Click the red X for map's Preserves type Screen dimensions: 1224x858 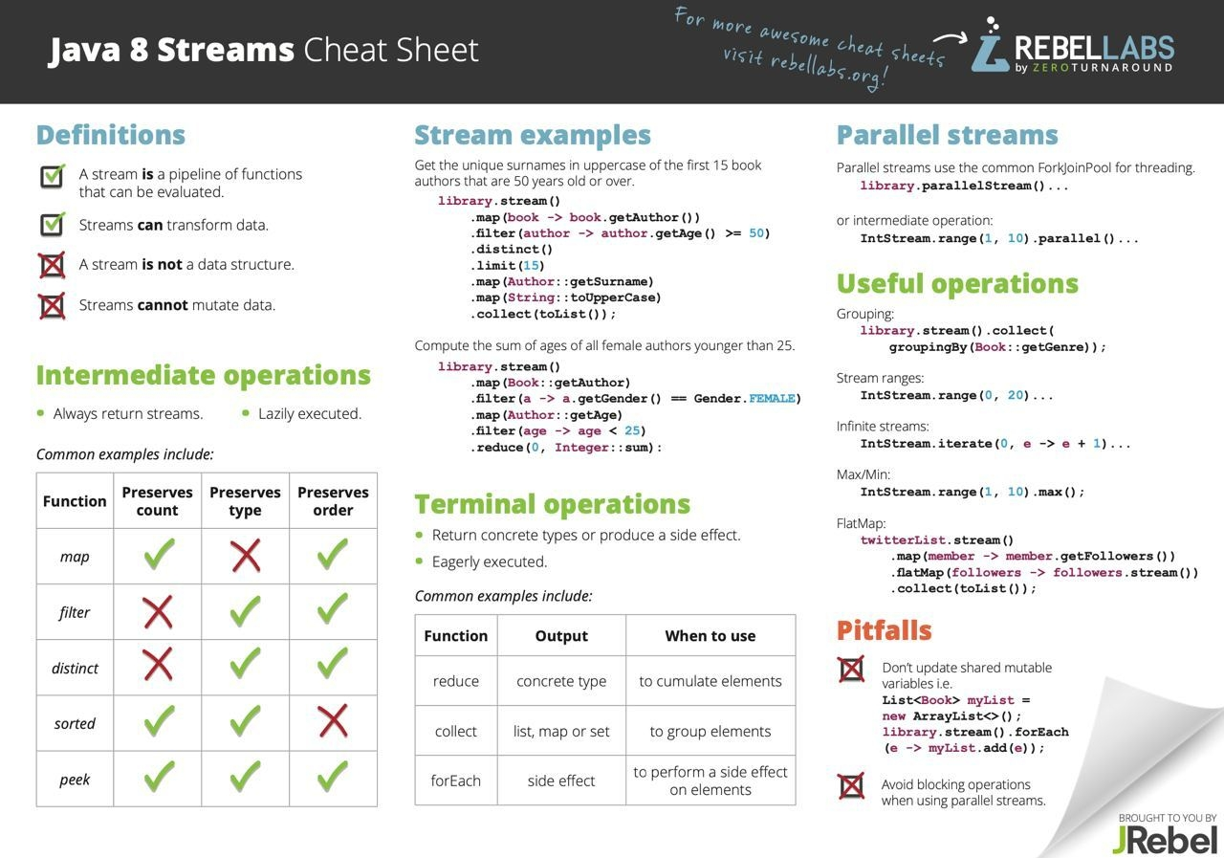pos(246,556)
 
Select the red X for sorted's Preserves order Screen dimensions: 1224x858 pos(333,721)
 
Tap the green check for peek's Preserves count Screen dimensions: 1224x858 pos(159,776)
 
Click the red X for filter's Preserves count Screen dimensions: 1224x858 pos(158,611)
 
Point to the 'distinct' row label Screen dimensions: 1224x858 pos(75,668)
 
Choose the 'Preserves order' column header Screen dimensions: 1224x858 pos(333,501)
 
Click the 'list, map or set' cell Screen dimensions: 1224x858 pos(561,731)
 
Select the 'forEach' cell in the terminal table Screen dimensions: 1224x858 pos(456,781)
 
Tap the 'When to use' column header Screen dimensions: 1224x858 pos(710,635)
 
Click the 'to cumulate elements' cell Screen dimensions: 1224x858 pos(710,681)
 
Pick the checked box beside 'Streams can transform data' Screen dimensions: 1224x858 pos(53,224)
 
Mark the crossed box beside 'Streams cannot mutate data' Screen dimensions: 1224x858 pos(53,305)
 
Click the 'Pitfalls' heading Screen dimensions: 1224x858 pos(885,630)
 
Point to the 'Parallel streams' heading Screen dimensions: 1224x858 pos(948,135)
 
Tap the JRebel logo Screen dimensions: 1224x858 pos(1165,840)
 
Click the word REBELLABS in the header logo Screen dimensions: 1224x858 pos(1095,49)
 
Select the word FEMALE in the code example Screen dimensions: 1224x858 pos(772,399)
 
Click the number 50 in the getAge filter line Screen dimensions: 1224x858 pos(756,233)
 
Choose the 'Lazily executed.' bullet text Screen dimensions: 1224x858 pos(310,414)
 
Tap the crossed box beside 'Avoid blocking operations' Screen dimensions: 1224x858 pos(851,786)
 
